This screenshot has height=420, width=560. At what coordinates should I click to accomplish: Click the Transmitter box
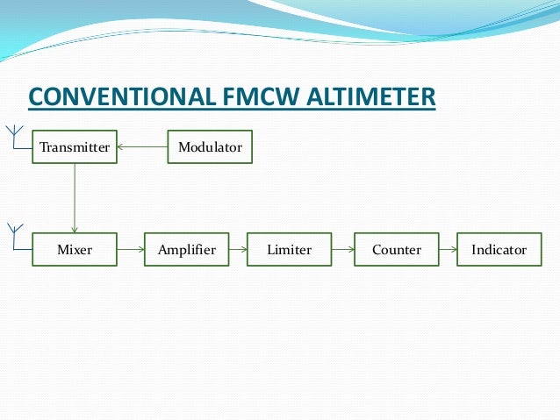tap(74, 147)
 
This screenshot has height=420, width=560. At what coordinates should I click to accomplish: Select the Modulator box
tap(210, 147)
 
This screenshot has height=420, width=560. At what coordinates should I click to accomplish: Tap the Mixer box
tap(74, 250)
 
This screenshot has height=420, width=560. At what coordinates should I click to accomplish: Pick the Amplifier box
tap(186, 250)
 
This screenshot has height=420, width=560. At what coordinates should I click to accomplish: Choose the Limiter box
tap(290, 250)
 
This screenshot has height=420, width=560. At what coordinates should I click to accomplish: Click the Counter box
tap(397, 250)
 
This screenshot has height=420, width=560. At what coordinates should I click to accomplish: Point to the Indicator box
tap(499, 250)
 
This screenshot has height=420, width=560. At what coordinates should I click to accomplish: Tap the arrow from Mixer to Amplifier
tap(130, 250)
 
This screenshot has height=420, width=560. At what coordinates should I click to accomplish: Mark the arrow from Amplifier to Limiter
tap(238, 250)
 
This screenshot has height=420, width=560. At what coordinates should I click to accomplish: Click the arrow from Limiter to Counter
tap(343, 250)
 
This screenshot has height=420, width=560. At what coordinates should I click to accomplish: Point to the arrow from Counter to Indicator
tap(448, 250)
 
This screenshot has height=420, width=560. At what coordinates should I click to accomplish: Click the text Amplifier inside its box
tap(186, 250)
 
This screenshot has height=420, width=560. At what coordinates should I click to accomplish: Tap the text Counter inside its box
tap(397, 250)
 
